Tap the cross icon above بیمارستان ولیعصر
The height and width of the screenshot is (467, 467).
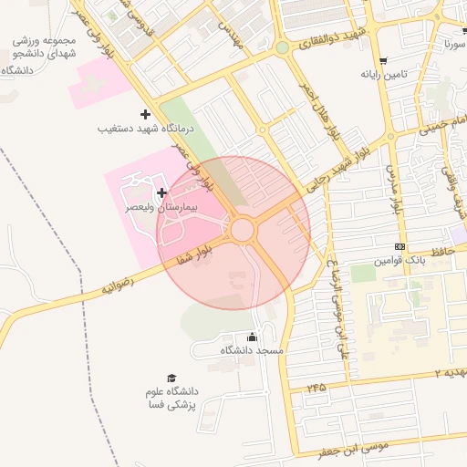[x=162, y=192]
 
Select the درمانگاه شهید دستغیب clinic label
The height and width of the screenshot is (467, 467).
[x=146, y=130]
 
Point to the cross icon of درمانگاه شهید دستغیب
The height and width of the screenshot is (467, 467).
[x=145, y=114]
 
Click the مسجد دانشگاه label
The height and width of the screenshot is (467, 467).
[x=253, y=349]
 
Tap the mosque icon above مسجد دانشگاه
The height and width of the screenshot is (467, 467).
[x=253, y=336]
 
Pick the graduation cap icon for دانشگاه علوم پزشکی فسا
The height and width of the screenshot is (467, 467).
[x=171, y=378]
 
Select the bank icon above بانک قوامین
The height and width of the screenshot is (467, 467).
[x=400, y=247]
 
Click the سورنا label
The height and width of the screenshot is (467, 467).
[x=453, y=43]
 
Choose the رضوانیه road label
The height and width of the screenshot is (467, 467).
[x=118, y=285]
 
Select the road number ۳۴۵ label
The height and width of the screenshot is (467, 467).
[x=316, y=388]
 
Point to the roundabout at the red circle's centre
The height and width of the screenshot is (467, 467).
[x=242, y=229]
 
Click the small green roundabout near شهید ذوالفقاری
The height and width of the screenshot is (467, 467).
[x=283, y=47]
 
